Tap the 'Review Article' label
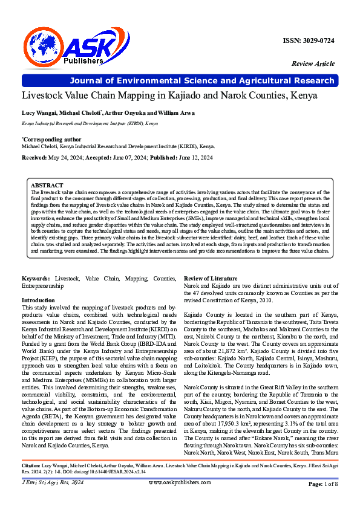(x=313, y=63)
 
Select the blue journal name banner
(x=180, y=80)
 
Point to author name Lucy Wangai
(x=39, y=113)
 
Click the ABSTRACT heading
(x=47, y=185)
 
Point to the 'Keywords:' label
(x=36, y=277)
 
